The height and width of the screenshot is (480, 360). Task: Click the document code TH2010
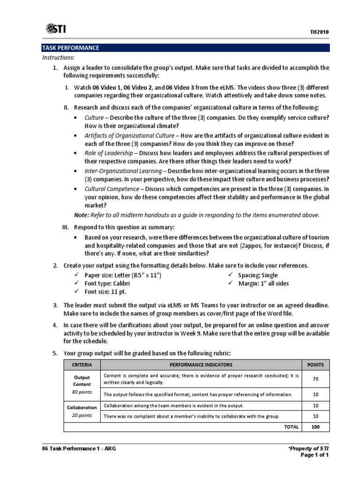click(x=319, y=32)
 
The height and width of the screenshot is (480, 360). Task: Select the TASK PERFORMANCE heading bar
click(x=185, y=48)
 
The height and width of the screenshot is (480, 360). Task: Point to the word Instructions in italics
click(x=58, y=57)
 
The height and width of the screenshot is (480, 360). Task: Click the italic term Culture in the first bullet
click(x=94, y=117)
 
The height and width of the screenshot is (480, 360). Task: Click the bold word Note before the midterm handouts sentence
click(x=82, y=215)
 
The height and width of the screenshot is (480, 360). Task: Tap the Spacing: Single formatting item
click(x=258, y=275)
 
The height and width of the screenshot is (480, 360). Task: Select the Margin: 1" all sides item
click(x=263, y=284)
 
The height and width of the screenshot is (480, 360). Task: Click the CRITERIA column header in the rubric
click(x=82, y=365)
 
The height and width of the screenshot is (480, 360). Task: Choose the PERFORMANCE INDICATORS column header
click(x=201, y=365)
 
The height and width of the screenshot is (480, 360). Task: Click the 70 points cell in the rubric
click(x=315, y=379)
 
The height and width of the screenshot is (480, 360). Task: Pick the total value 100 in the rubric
click(x=315, y=427)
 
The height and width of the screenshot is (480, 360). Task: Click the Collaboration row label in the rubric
click(x=82, y=407)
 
